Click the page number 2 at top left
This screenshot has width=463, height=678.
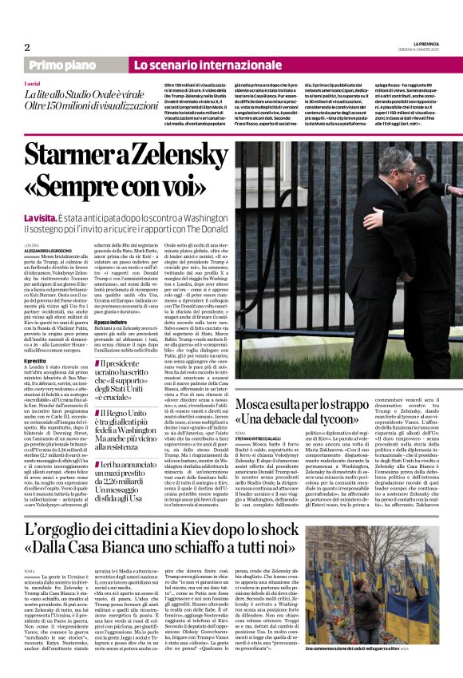pyautogui.click(x=26, y=47)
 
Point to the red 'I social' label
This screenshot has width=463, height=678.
pyautogui.click(x=33, y=83)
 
